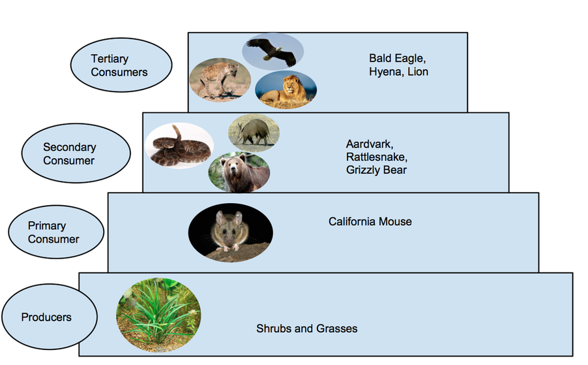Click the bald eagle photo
(272, 51)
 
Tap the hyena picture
(220, 80)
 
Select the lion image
(286, 89)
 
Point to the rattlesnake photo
(179, 146)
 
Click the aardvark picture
(254, 133)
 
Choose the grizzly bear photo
(239, 172)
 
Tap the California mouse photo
(231, 232)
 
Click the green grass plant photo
(158, 315)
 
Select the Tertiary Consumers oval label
(121, 65)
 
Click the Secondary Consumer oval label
(76, 153)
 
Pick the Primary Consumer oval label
(56, 232)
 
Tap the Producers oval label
(50, 317)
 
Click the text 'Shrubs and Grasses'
(307, 328)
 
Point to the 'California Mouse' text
(370, 221)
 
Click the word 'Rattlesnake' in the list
(377, 157)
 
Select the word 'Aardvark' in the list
(370, 144)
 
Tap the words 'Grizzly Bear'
(376, 170)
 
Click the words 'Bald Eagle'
(397, 58)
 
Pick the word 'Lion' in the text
(418, 72)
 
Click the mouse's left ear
(220, 217)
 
